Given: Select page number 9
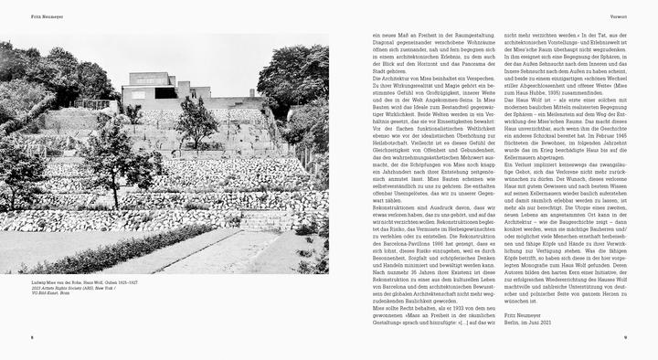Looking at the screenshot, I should click(x=624, y=337).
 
